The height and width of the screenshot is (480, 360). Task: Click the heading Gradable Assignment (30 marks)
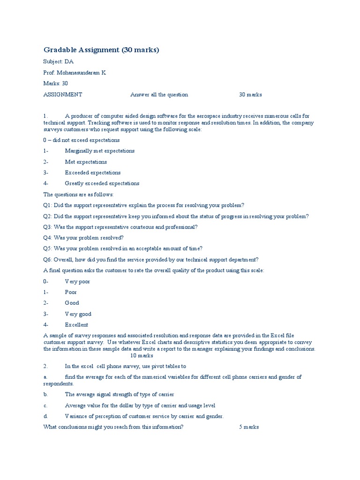[101, 50]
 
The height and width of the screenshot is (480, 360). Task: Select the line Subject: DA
[58, 62]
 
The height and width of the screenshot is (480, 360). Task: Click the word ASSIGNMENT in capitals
[62, 95]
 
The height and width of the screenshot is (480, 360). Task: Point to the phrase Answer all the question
[159, 95]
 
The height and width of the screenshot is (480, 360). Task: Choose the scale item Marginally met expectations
[99, 151]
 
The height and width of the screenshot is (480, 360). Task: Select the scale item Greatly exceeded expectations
[102, 183]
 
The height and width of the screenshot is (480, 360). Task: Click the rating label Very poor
[77, 282]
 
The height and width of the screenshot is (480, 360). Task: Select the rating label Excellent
[76, 325]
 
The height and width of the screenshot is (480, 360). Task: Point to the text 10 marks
[142, 356]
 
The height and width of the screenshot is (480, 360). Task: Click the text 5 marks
[248, 427]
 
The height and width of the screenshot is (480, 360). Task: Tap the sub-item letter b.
[45, 395]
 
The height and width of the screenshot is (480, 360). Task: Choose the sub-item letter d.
[45, 416]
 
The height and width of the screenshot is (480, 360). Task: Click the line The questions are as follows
[78, 195]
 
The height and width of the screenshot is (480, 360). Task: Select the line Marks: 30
[56, 83]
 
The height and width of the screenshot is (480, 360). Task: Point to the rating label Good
[72, 303]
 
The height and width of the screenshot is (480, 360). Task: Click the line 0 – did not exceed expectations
[81, 140]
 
